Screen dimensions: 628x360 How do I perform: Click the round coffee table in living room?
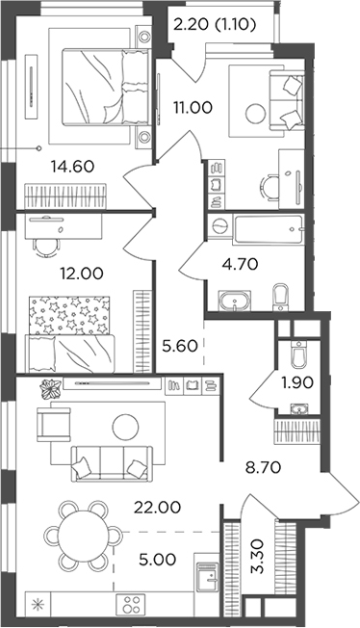click(x=126, y=425)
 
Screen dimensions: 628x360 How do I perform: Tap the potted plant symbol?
click(x=48, y=390)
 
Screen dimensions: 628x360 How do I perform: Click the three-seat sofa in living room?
click(x=108, y=463)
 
